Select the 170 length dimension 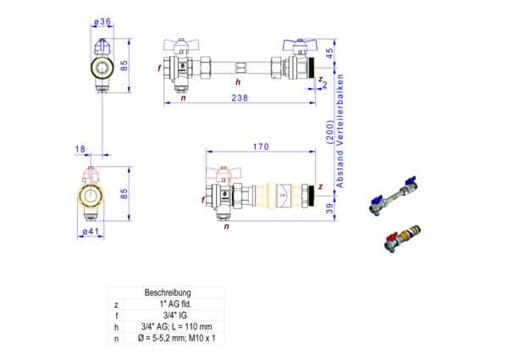[261, 147]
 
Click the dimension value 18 [80, 149]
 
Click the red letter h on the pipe [238, 82]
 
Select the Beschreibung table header [168, 292]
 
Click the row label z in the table [116, 303]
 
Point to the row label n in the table [116, 337]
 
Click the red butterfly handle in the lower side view [225, 174]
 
